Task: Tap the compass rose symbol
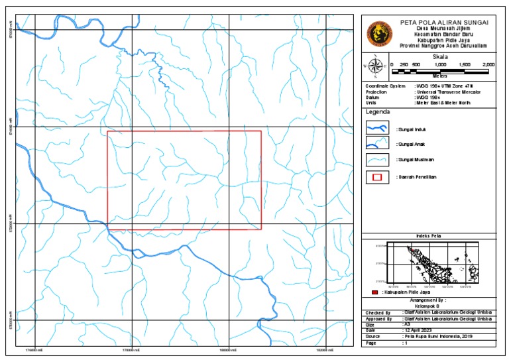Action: point(375,66)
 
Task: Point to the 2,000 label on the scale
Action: point(488,64)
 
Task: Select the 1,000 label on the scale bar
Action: point(440,64)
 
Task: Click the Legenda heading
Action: point(377,112)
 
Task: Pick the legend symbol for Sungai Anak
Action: point(377,144)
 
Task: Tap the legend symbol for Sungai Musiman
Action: point(377,160)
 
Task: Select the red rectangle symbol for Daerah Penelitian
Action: point(377,177)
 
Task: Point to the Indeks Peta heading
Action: point(428,236)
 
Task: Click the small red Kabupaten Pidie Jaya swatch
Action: point(374,292)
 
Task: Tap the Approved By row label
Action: point(378,319)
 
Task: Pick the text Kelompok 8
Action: point(428,306)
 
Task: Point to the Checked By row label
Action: point(377,313)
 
